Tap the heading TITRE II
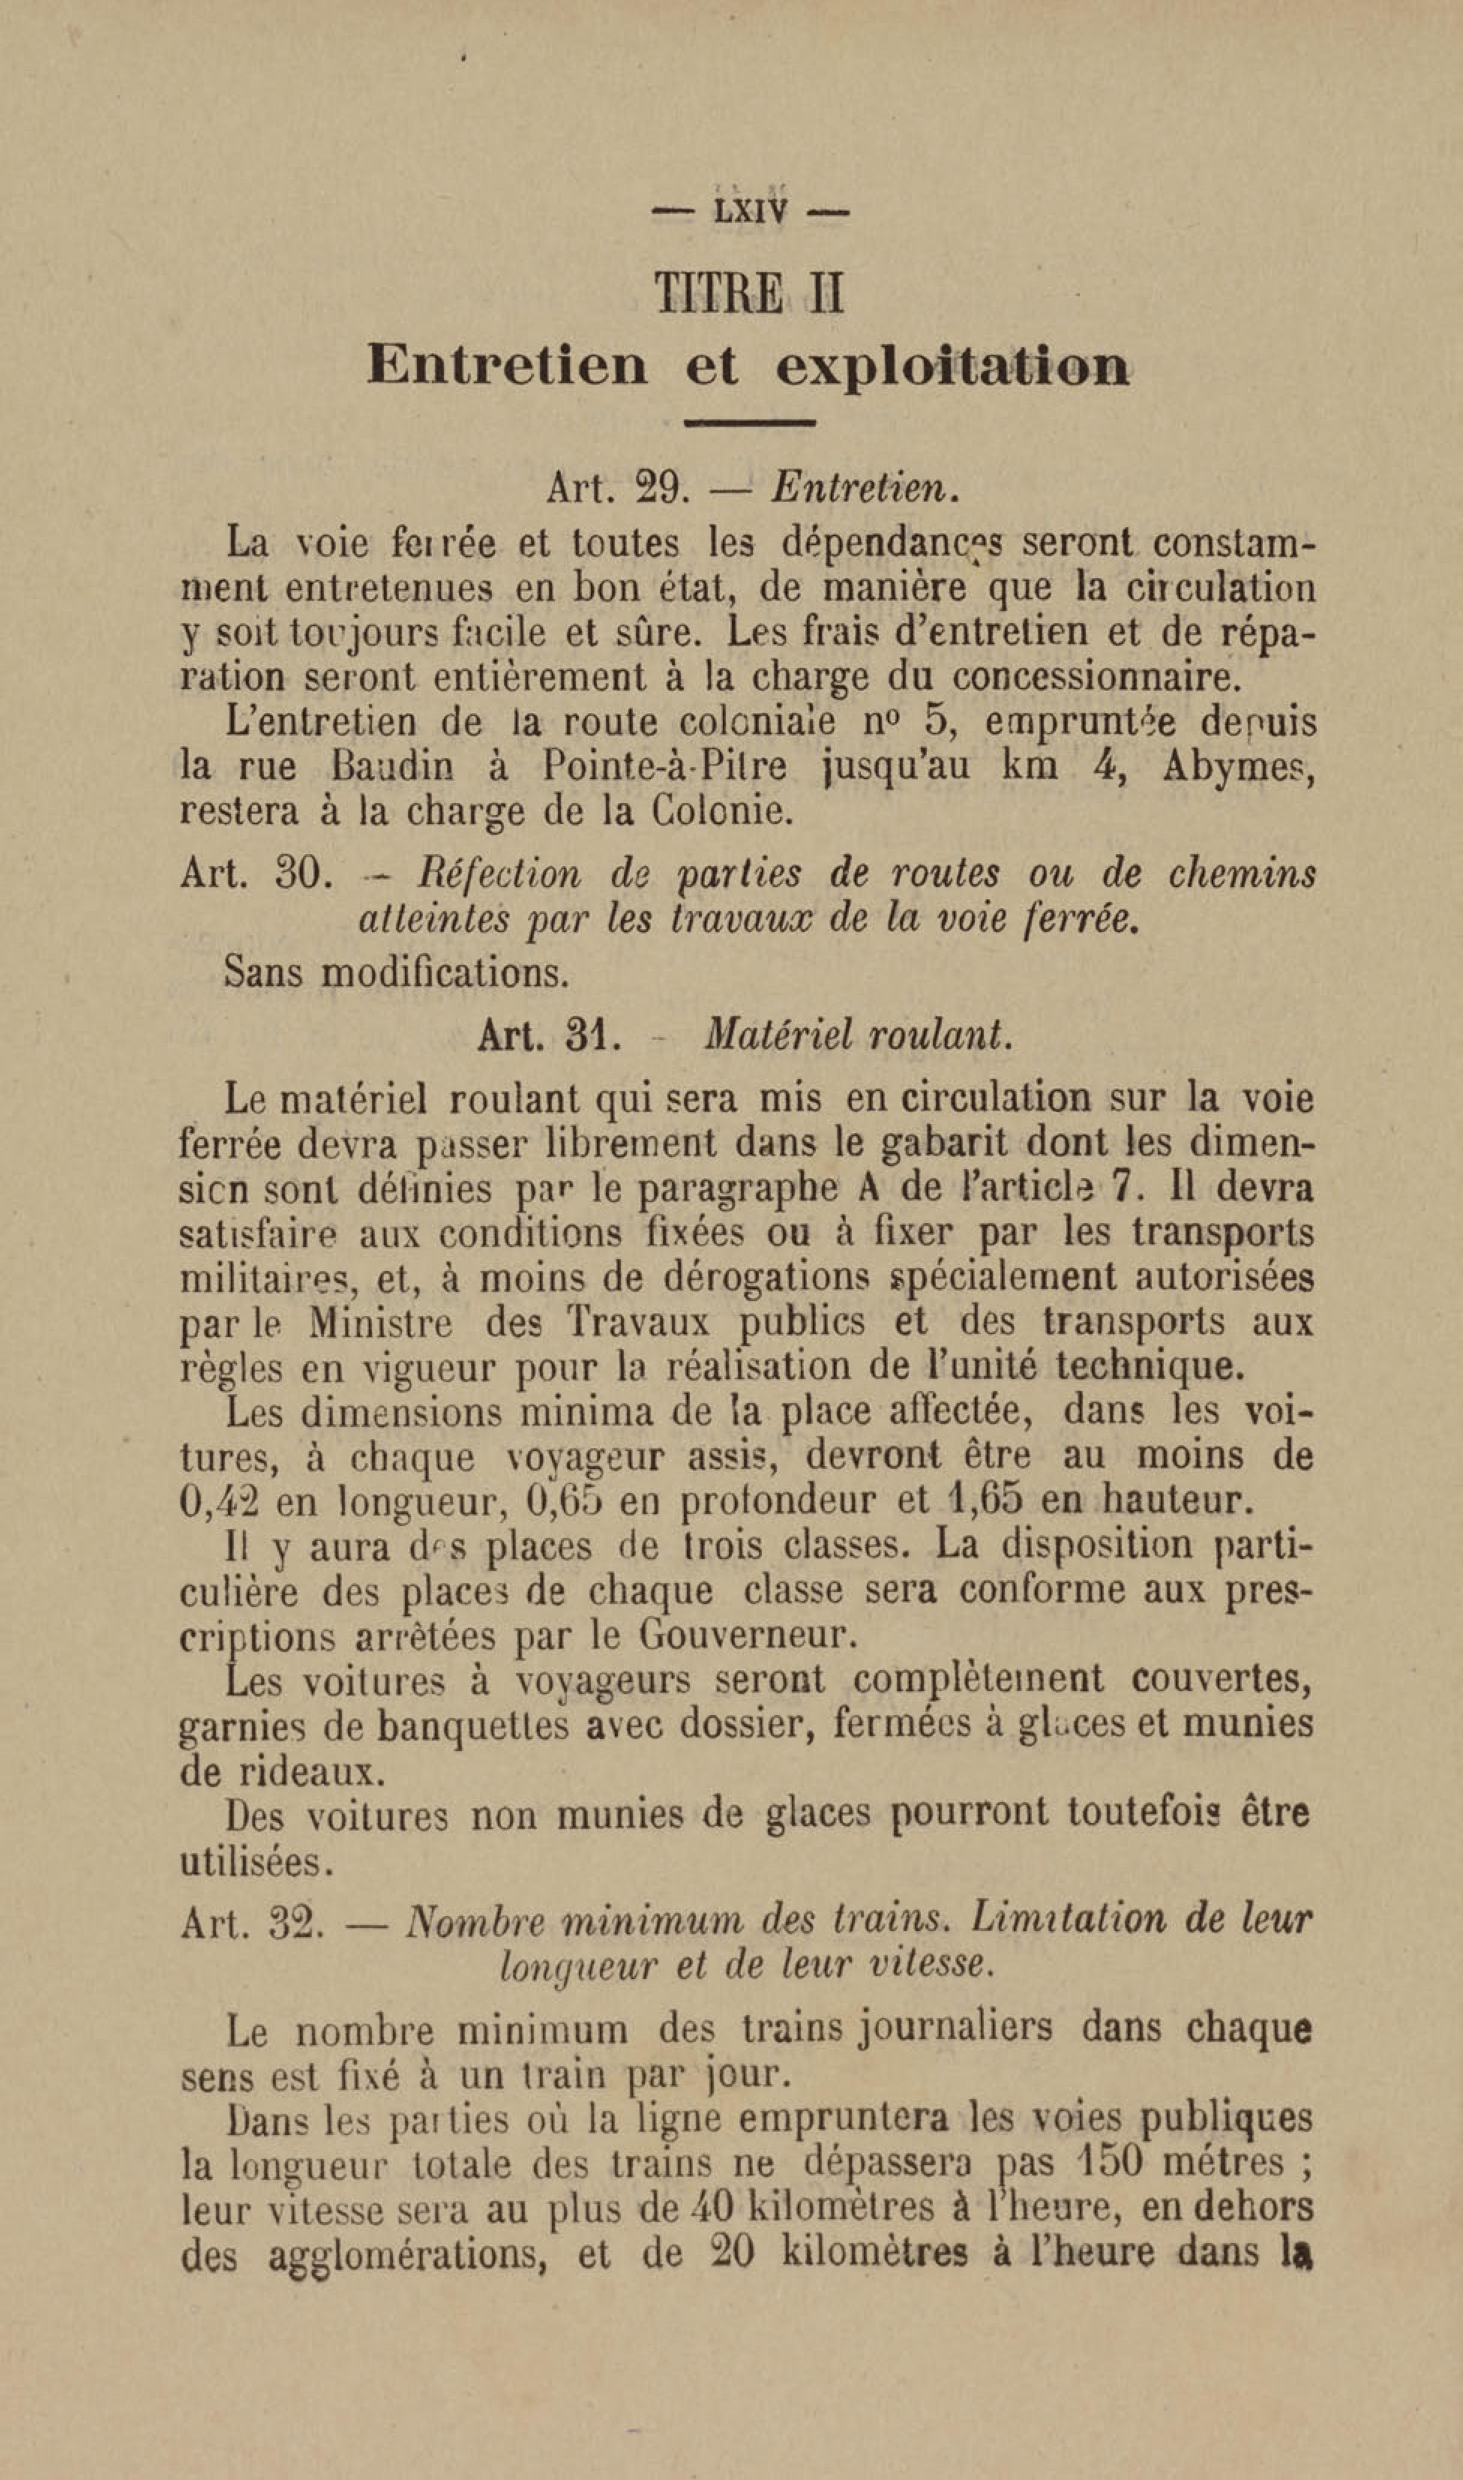(749, 294)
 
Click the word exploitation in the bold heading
(952, 367)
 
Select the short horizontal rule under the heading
(749, 423)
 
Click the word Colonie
(721, 811)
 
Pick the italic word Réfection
(499, 874)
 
